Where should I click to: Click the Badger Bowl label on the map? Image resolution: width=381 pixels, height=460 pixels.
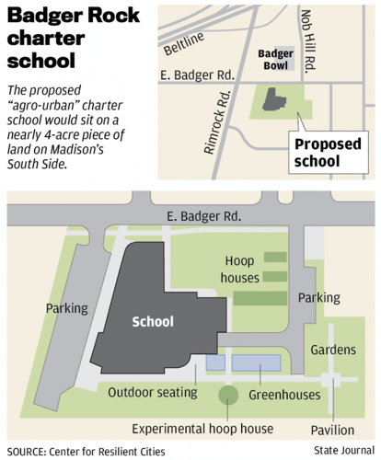click(274, 60)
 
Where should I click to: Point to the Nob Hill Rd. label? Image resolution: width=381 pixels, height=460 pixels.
click(312, 41)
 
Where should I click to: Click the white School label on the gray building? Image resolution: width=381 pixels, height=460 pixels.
click(153, 322)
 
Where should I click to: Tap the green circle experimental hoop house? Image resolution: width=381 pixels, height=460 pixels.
click(225, 396)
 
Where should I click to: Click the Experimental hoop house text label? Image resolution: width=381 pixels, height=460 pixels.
click(202, 430)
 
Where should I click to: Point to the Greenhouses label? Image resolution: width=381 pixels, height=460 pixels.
click(284, 395)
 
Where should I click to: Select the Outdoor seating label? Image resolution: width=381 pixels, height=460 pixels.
click(153, 393)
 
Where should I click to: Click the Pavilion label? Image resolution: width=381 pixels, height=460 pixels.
click(331, 430)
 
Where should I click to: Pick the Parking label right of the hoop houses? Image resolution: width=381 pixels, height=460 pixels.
click(318, 298)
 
